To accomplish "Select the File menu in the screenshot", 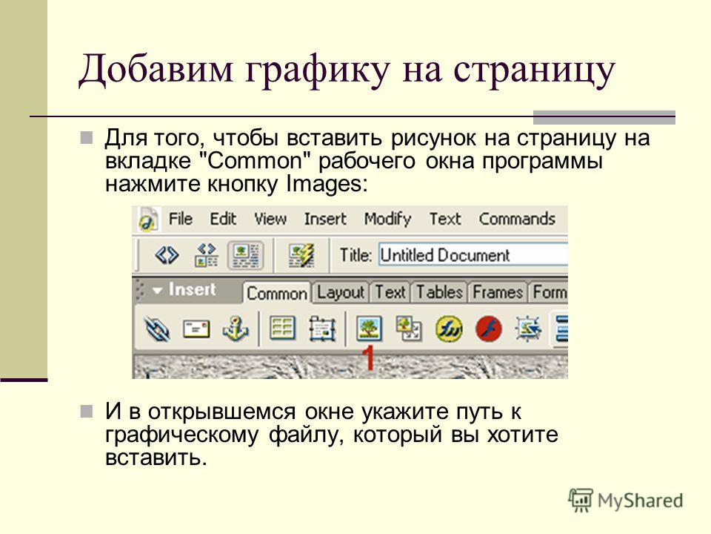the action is [x=181, y=219].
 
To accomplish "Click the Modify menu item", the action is [x=387, y=220].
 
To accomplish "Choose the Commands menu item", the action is [x=517, y=219].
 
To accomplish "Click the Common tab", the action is [x=277, y=294].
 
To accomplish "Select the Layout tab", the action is [x=340, y=292].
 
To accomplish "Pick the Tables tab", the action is [x=439, y=292].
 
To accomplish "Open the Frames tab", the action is [x=498, y=292].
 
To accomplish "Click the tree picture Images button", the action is [x=369, y=329].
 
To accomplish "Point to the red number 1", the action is [x=369, y=357].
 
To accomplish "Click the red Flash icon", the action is [x=489, y=329].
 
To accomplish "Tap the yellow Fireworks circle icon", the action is [x=449, y=329].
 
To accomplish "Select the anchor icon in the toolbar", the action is [x=236, y=328].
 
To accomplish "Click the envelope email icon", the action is [x=196, y=329].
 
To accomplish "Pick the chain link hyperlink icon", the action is [x=157, y=329].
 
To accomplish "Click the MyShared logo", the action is [x=625, y=500].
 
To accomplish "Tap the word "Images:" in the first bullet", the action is [x=327, y=184].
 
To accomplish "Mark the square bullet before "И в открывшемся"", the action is [x=86, y=412].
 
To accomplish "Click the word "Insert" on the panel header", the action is [x=192, y=289].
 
